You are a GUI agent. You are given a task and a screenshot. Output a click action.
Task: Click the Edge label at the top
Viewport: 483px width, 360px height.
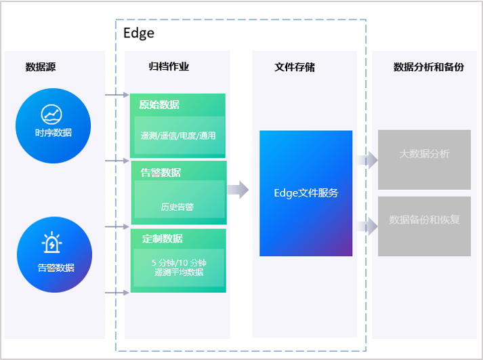coord(139,33)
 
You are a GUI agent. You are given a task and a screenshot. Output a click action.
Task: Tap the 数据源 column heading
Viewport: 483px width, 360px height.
coord(41,67)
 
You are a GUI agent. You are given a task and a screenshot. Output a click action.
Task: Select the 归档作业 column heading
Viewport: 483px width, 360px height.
coord(169,66)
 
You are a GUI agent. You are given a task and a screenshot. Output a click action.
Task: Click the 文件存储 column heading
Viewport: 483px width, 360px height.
coord(295,67)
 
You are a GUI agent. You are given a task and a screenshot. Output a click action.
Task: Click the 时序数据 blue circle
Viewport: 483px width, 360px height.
coord(54,125)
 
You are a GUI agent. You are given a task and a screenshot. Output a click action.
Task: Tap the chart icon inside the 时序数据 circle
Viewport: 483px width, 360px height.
coord(51,113)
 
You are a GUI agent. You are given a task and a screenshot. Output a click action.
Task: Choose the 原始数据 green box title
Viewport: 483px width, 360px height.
coord(160,104)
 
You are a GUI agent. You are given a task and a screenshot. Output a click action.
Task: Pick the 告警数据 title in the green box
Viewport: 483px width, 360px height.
coord(161,172)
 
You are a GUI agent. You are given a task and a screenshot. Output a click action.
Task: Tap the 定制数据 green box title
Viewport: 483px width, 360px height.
coord(163,239)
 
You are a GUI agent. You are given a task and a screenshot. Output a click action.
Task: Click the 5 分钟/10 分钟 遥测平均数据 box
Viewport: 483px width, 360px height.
coord(179,267)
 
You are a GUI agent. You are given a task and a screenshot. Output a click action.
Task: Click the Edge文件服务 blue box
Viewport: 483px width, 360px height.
coord(306,193)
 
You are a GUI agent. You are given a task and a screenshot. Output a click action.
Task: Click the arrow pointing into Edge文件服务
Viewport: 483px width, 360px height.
coord(237,190)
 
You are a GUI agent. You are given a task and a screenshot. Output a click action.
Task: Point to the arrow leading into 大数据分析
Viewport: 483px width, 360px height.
coord(368,160)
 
